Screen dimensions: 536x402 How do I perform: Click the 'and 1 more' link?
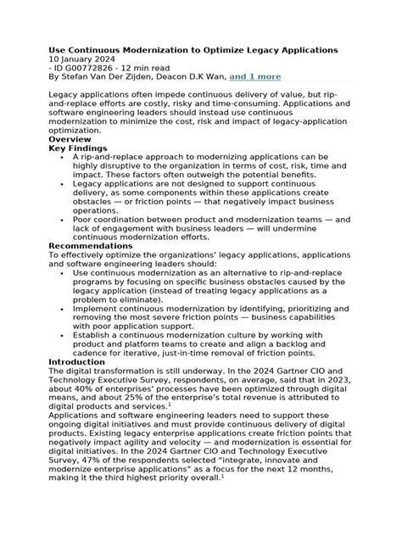[255, 76]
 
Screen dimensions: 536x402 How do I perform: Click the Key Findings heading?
[82, 148]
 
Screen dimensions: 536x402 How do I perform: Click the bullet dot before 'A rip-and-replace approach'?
[64, 158]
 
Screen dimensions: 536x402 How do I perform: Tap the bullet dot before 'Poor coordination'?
[64, 218]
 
